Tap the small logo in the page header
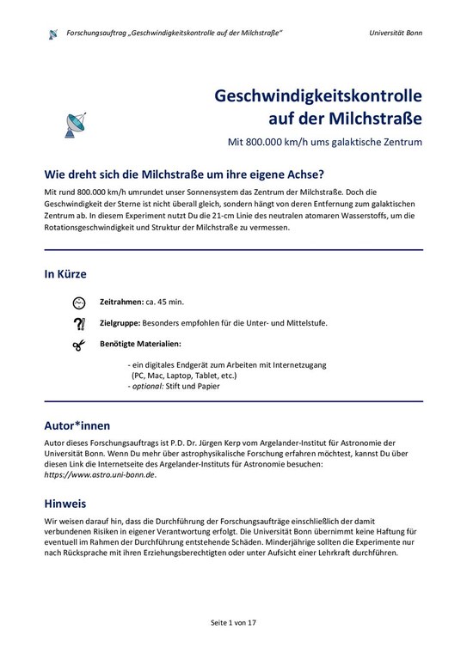coord(53,34)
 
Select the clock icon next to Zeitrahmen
coord(78,302)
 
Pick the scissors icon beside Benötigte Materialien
coord(78,345)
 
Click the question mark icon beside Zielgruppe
coord(78,323)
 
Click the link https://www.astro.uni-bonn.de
coord(99,475)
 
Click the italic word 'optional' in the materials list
coord(150,387)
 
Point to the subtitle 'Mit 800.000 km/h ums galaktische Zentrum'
coord(324,139)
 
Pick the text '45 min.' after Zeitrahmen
coord(171,302)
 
